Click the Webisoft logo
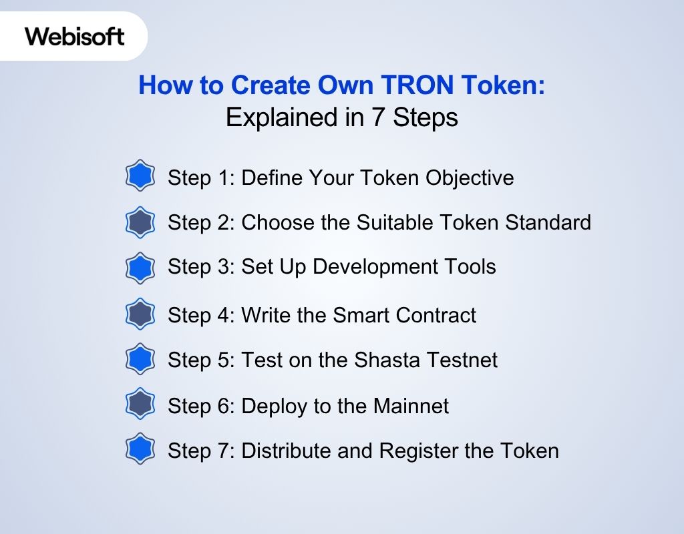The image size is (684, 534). [x=75, y=36]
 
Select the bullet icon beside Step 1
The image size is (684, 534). [x=140, y=177]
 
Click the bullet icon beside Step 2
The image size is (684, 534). [x=140, y=222]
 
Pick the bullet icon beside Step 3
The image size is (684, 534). [x=140, y=268]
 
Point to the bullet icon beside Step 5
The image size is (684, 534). [x=140, y=360]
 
